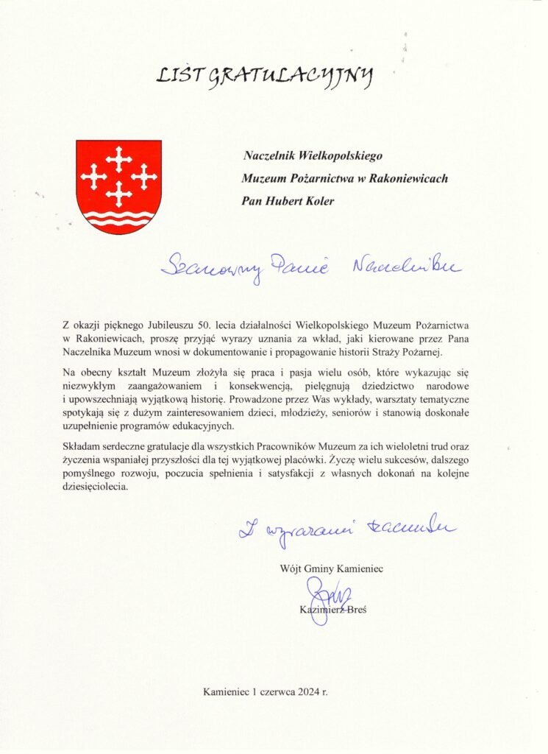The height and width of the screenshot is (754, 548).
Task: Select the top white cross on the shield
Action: coord(118,156)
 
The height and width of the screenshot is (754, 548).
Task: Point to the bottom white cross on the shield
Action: coord(118,194)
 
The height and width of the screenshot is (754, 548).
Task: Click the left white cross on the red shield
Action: coord(93,175)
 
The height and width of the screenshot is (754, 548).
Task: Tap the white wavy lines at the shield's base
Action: coord(118,218)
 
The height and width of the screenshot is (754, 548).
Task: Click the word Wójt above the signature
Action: coord(291,568)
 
